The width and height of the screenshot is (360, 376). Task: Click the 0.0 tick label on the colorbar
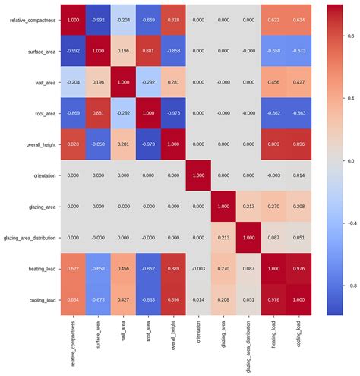pyautogui.click(x=350, y=161)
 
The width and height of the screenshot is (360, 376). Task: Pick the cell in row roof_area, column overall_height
pyautogui.click(x=174, y=112)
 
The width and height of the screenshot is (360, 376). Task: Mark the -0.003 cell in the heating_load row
pyautogui.click(x=199, y=268)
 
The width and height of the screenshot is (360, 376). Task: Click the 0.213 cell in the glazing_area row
pyautogui.click(x=248, y=206)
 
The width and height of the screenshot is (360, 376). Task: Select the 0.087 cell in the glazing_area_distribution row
pyautogui.click(x=273, y=237)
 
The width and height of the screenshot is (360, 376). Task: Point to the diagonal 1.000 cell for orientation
pyautogui.click(x=199, y=175)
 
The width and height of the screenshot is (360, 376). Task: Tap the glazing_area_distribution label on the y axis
pyautogui.click(x=30, y=237)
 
